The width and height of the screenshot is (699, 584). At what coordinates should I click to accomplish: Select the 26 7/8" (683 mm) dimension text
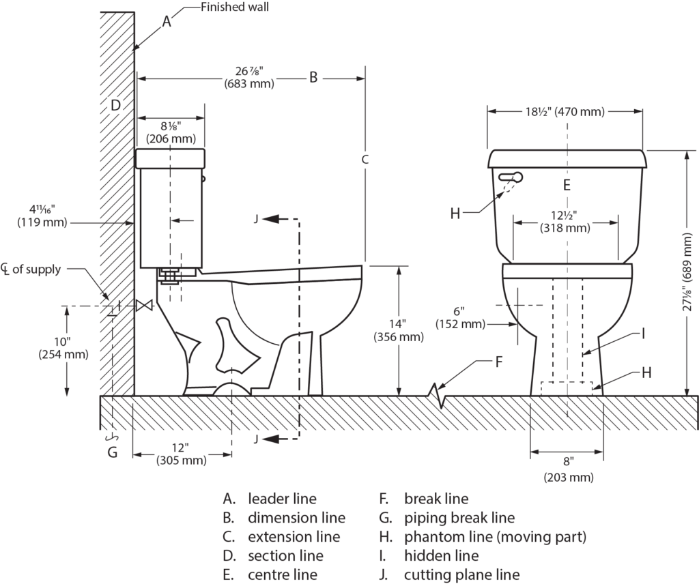248,78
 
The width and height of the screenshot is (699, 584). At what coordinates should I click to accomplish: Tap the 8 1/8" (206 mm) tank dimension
169,132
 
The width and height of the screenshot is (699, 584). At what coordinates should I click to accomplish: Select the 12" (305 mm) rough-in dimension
180,454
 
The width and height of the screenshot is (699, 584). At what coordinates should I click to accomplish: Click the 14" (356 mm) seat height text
399,330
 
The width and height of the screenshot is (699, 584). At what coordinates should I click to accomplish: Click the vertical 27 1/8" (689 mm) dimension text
687,273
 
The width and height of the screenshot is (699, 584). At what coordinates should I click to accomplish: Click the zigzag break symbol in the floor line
438,395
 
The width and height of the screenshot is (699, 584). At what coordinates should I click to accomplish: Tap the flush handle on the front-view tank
510,177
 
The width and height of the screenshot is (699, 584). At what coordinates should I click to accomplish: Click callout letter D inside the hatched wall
115,105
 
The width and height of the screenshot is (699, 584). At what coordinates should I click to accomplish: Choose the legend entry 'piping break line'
459,518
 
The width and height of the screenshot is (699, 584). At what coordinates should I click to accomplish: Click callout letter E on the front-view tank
566,185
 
